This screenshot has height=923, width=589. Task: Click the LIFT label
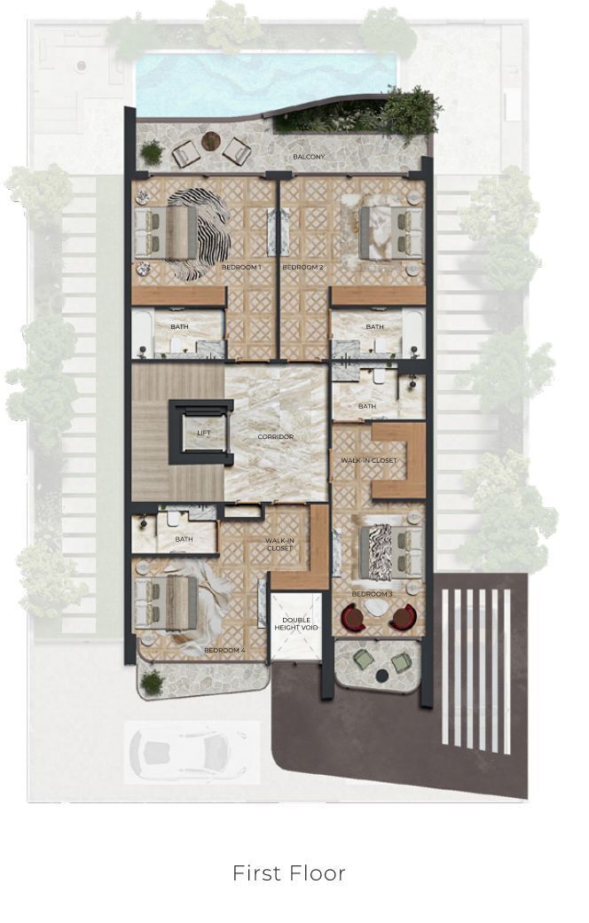[203, 434]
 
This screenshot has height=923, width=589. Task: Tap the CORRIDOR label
[275, 437]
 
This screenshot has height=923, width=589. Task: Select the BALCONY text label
[310, 157]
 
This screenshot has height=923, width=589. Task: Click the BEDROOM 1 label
[241, 267]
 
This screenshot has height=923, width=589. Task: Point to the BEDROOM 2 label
[302, 267]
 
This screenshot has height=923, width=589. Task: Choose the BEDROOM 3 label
[373, 594]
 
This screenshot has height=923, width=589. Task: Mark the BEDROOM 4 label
[224, 650]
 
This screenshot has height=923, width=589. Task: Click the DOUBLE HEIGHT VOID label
[295, 624]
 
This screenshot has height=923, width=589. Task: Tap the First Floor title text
[289, 872]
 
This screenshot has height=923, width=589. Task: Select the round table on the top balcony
[211, 141]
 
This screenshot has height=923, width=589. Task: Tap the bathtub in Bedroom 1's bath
[142, 333]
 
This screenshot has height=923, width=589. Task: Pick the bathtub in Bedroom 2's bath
[412, 333]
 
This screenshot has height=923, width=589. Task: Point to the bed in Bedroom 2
[391, 232]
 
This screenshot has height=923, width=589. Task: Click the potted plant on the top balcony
[152, 153]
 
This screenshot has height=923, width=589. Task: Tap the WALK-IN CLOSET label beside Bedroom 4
[279, 544]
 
